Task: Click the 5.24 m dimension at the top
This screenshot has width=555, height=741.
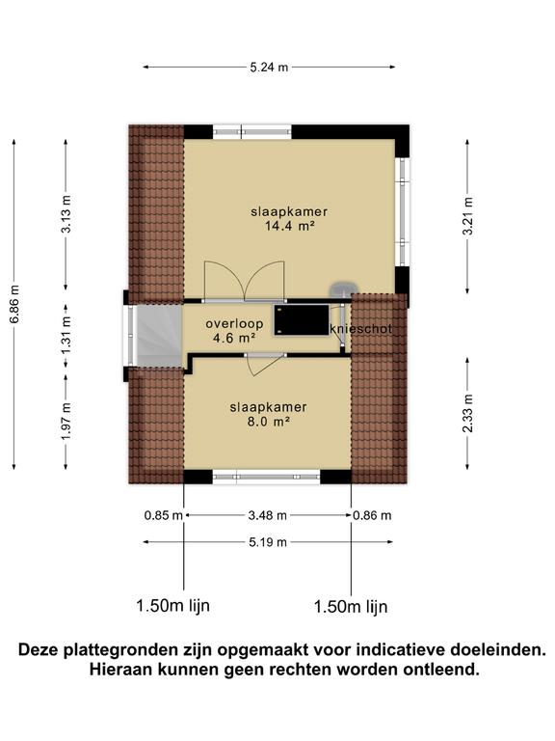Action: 270,67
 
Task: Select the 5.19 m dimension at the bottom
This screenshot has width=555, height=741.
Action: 268,542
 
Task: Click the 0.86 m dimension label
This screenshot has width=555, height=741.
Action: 373,515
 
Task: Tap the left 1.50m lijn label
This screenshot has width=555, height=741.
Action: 173,606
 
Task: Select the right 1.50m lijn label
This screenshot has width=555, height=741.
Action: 351,607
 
